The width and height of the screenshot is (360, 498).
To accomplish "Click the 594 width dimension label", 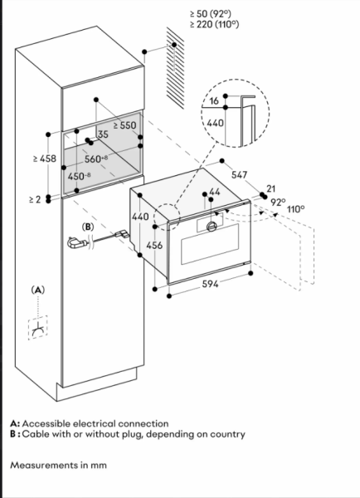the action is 210,284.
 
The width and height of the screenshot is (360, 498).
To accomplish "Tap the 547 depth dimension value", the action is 240,174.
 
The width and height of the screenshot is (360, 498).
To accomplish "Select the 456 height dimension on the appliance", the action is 154,245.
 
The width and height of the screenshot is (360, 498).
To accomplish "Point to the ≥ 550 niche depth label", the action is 125,125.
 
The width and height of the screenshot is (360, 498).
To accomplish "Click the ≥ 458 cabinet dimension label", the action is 45,159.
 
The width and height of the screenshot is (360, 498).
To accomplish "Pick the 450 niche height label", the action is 80,176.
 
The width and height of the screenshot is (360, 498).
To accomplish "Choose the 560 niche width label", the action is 96,159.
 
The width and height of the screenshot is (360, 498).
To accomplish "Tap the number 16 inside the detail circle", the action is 214,100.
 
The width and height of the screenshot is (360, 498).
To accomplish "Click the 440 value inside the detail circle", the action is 215,123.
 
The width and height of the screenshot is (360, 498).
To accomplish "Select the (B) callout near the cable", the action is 88,227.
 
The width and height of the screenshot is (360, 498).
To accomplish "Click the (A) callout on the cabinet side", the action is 38,290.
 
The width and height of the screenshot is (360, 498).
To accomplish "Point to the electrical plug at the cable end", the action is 75,243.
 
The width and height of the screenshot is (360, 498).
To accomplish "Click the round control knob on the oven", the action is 212,227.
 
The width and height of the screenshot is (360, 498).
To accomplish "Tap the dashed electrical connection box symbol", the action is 38,328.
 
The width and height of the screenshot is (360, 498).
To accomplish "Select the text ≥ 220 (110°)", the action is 214,24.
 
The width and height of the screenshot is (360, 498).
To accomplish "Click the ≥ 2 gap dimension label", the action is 35,199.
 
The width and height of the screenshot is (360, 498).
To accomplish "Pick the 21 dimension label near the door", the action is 270,188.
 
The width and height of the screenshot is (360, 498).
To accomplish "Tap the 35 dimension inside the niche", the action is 103,134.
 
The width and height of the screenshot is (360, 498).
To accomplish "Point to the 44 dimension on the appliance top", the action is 215,192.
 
